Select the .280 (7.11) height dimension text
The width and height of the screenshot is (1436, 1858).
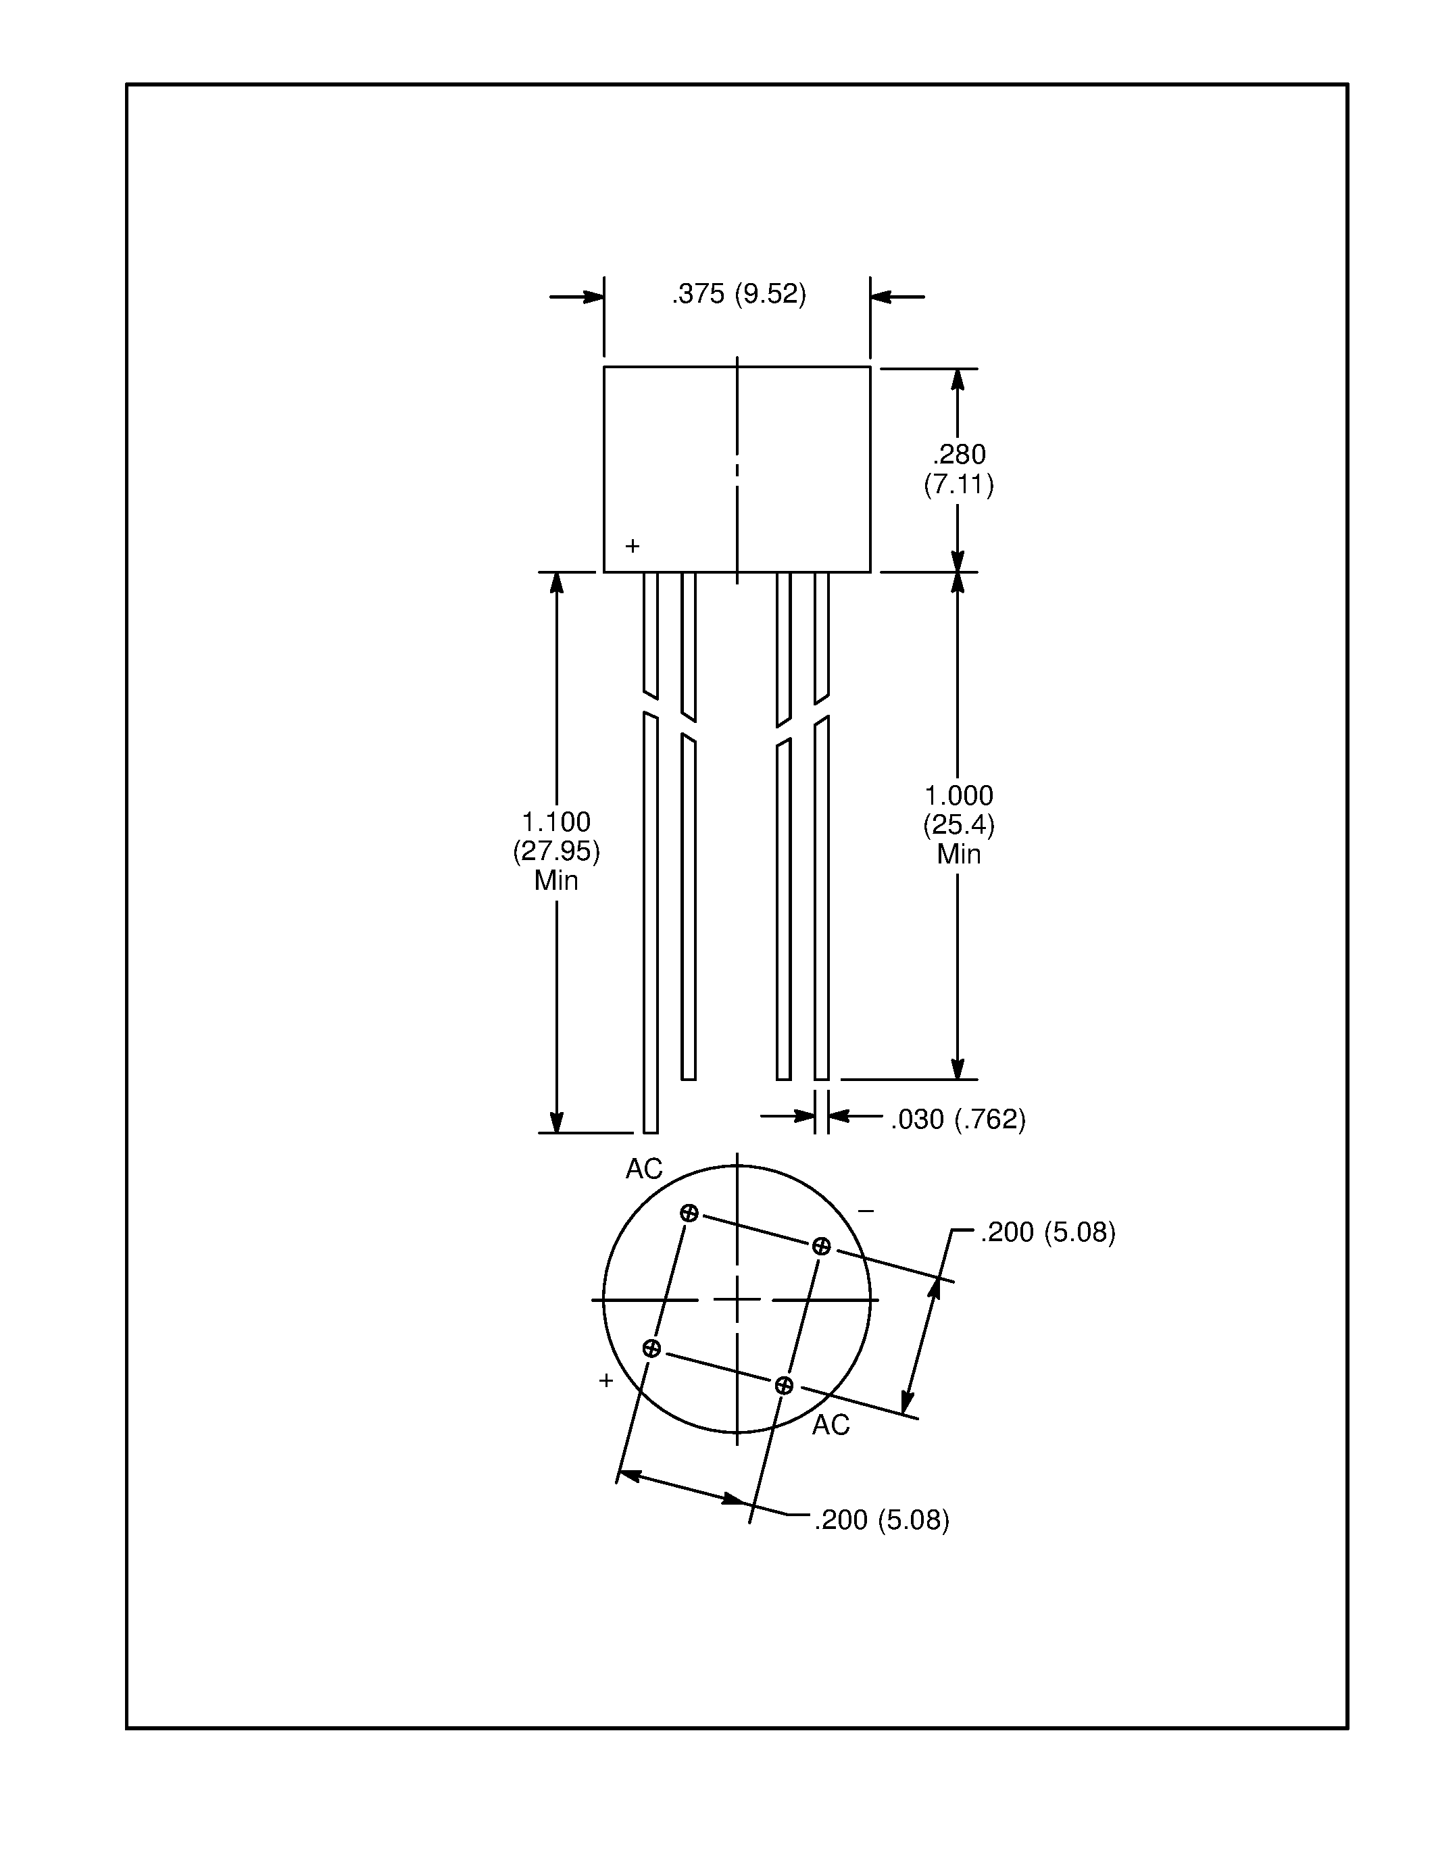pyautogui.click(x=958, y=470)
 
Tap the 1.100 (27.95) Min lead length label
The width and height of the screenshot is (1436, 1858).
pyautogui.click(x=556, y=851)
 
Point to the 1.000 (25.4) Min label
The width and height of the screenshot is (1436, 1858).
pyautogui.click(x=958, y=824)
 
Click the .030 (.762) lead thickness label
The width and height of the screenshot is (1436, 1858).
pyautogui.click(x=958, y=1120)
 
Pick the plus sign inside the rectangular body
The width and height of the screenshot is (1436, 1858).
pyautogui.click(x=632, y=546)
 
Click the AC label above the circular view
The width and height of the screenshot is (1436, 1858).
pyautogui.click(x=643, y=1170)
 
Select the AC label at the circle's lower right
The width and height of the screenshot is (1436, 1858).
pyautogui.click(x=831, y=1425)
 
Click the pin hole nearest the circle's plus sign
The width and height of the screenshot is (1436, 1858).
pyautogui.click(x=651, y=1349)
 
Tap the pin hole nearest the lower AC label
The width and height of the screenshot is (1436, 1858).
pyautogui.click(x=783, y=1386)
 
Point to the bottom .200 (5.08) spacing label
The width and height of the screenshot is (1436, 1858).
pyautogui.click(x=881, y=1520)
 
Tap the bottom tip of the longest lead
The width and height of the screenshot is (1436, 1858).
pyautogui.click(x=650, y=1132)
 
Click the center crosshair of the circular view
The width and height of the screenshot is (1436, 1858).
pyautogui.click(x=737, y=1300)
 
